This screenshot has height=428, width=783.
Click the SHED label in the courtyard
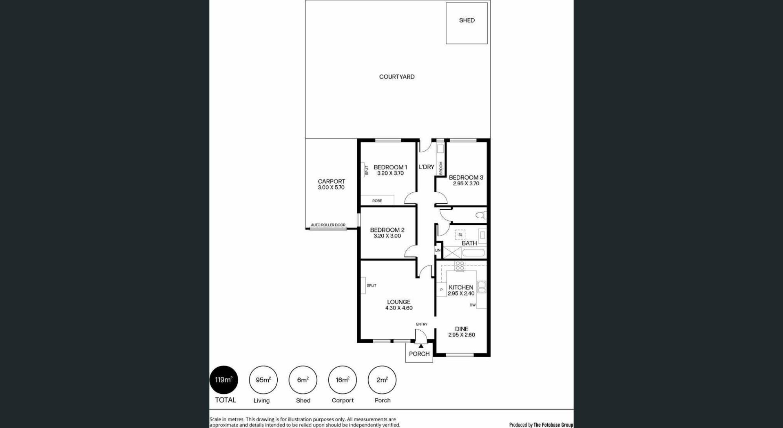[x=467, y=20]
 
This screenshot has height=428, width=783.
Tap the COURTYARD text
[x=397, y=77]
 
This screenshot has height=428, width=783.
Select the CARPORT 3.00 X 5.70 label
[x=332, y=184]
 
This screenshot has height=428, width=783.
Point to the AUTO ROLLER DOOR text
[x=328, y=225]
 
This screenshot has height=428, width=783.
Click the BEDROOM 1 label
[x=390, y=167]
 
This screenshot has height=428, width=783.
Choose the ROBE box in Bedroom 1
[x=377, y=200]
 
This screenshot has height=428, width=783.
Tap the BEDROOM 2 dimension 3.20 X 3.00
[x=387, y=236]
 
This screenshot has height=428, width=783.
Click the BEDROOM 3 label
[x=466, y=177]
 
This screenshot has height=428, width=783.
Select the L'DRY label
[x=427, y=167]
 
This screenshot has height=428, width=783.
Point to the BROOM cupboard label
[x=440, y=168]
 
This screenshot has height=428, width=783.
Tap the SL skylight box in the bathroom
[x=460, y=235]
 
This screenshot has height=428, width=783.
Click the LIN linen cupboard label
[x=438, y=250]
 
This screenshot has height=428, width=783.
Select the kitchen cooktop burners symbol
[x=460, y=266]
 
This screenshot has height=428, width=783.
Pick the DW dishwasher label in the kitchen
[x=473, y=305]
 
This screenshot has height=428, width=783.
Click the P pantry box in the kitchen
[x=441, y=290]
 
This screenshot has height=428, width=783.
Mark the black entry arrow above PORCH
[x=421, y=346]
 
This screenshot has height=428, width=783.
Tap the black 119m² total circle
[x=224, y=380]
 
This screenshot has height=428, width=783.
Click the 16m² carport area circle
[x=343, y=380]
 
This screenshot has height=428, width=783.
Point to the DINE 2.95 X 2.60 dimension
[x=462, y=335]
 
